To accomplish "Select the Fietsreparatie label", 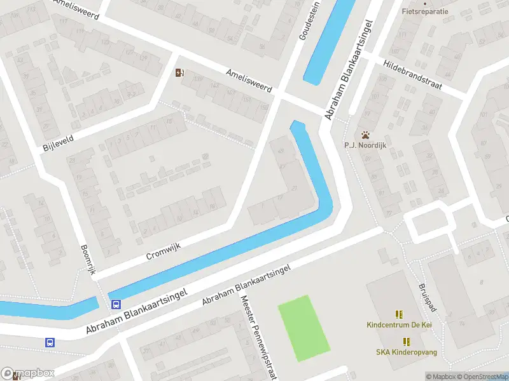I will [x=425, y=11].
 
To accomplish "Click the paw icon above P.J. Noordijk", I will [x=366, y=135].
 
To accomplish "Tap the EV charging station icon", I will [x=180, y=72].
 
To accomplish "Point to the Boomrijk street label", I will [x=88, y=260].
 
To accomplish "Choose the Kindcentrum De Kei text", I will [x=399, y=324].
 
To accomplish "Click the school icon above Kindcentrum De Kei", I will [x=399, y=314].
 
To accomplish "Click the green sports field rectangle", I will [x=304, y=328].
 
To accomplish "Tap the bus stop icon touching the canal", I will [x=115, y=304].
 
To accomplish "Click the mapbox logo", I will [x=28, y=373].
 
